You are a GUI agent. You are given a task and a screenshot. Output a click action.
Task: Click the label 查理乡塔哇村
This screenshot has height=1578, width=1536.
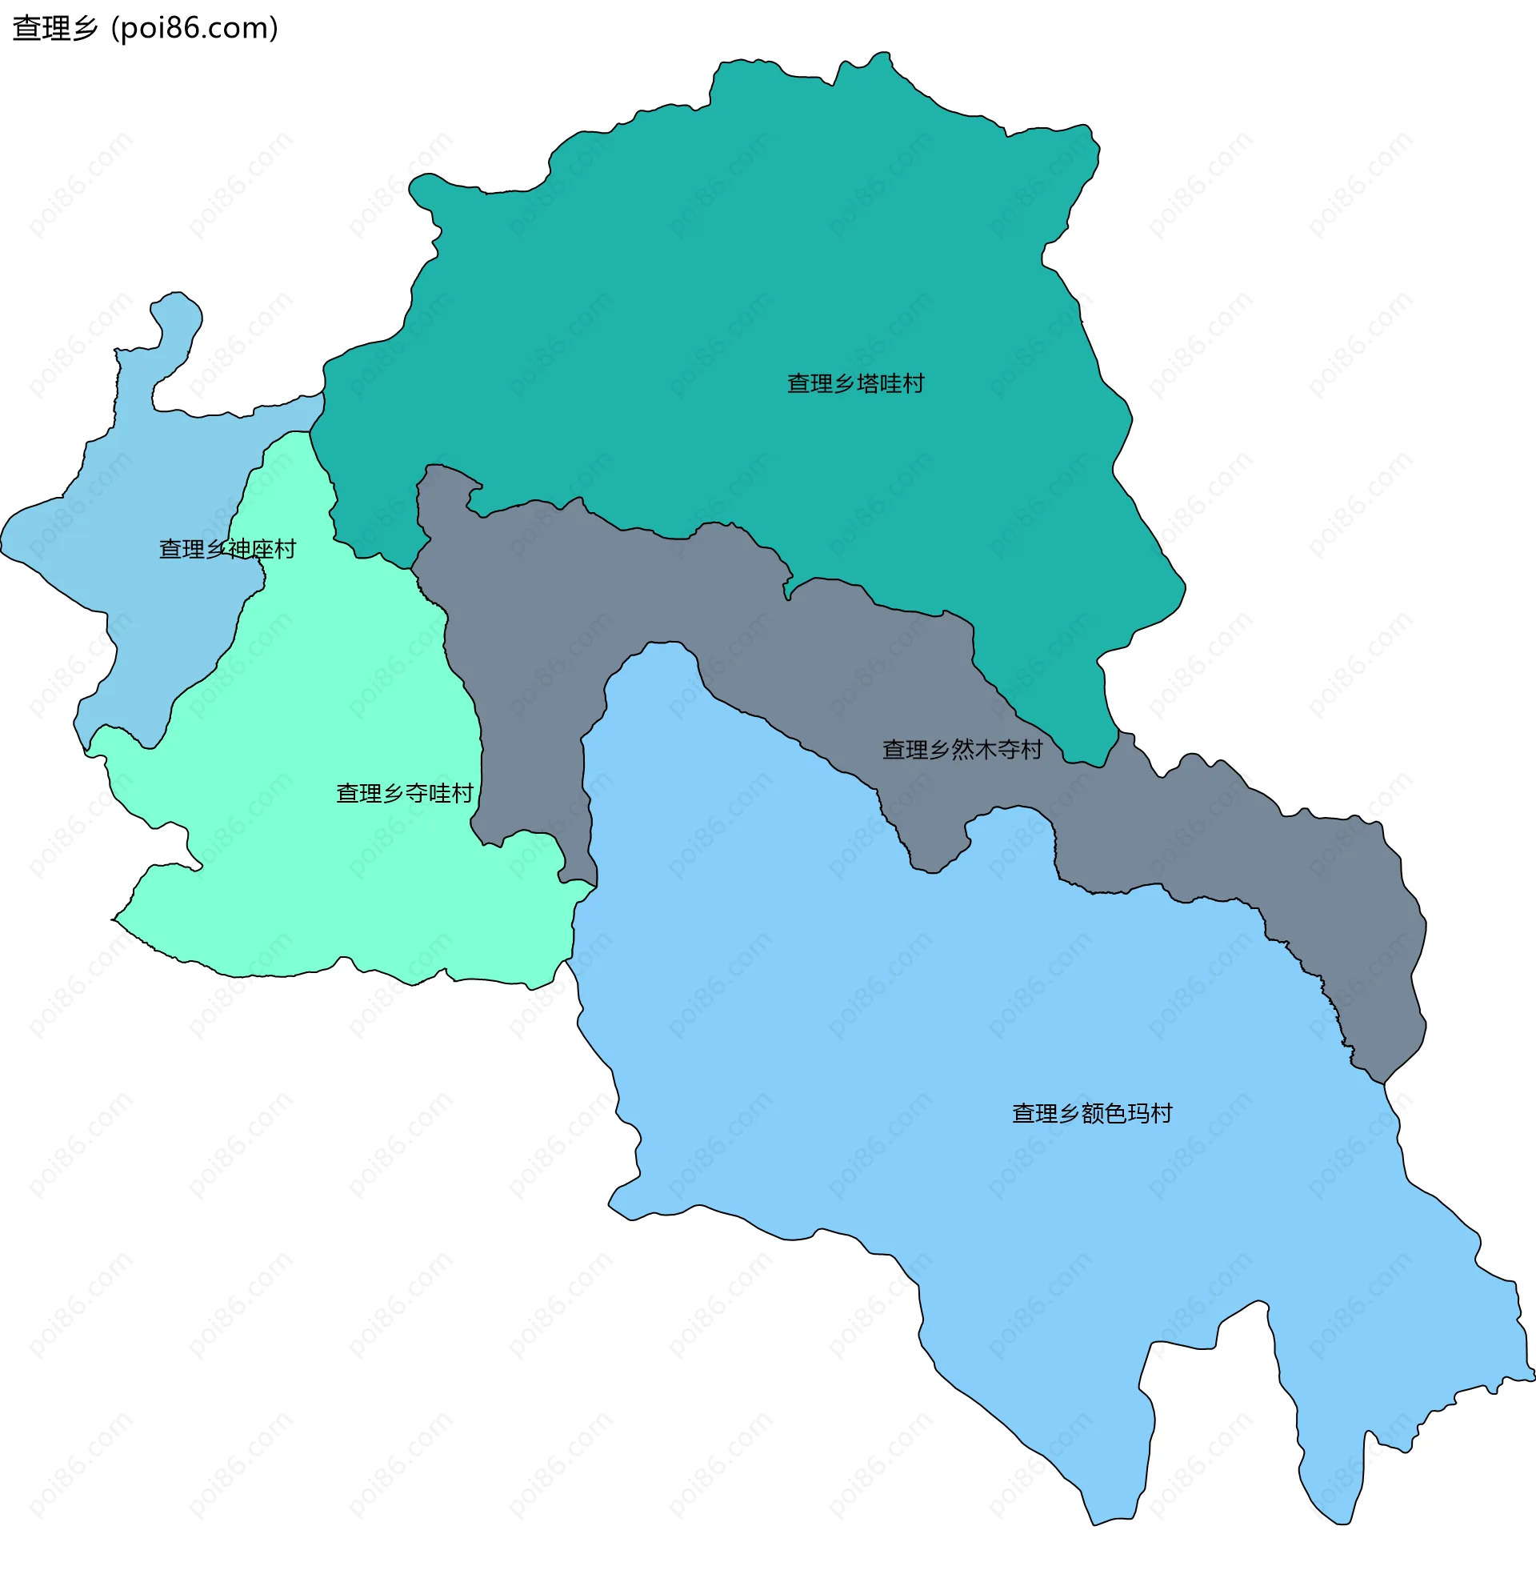click(x=855, y=384)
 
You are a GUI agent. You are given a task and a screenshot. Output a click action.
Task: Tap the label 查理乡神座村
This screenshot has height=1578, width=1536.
click(x=227, y=550)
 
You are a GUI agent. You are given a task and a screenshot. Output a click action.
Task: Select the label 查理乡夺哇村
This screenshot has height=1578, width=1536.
click(x=404, y=794)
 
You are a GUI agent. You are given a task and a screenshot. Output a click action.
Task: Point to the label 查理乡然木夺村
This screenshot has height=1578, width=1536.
click(x=962, y=751)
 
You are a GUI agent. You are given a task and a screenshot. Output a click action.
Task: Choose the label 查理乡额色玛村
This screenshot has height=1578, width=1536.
click(x=1091, y=1114)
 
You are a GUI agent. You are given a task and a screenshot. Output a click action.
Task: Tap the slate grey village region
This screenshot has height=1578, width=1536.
click(x=533, y=646)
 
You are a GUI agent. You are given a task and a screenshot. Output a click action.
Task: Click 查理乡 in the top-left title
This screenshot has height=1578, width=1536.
click(x=55, y=28)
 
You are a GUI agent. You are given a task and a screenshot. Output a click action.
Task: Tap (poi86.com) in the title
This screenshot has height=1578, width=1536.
click(x=194, y=28)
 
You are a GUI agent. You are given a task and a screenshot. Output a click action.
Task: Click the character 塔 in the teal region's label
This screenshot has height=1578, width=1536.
click(x=867, y=384)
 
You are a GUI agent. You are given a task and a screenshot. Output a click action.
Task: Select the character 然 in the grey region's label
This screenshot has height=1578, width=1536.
click(x=962, y=751)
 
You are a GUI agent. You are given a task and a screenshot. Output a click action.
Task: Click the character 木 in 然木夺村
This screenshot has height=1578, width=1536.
click(x=985, y=751)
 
